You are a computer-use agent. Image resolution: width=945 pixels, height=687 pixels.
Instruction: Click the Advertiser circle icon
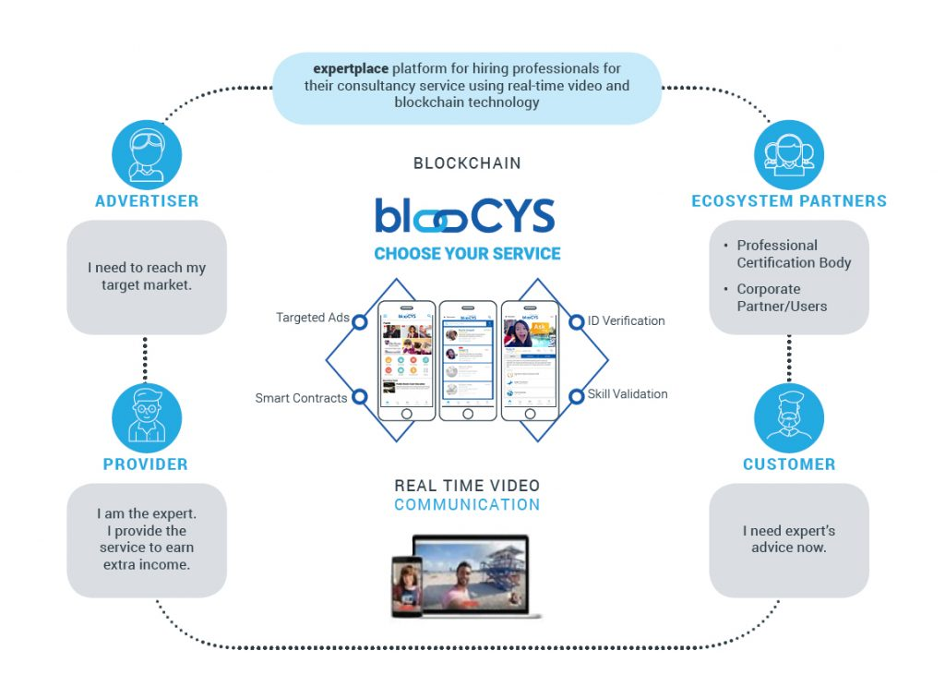(147, 152)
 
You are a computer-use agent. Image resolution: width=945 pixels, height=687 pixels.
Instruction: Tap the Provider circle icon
(147, 417)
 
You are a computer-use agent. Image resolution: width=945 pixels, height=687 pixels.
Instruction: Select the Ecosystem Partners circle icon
(788, 154)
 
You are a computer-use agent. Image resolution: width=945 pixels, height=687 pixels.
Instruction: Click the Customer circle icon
(788, 417)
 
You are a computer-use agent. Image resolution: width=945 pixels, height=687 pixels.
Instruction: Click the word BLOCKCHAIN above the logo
(467, 163)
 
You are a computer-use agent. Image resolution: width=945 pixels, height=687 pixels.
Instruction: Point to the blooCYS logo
(465, 215)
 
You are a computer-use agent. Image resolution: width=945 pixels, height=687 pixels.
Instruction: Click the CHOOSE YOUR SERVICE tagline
(467, 254)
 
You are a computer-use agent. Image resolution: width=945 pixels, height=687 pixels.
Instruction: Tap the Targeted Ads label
(312, 318)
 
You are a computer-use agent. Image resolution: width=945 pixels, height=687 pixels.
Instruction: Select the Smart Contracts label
(301, 398)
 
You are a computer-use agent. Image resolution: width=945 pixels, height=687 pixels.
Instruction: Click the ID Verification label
(627, 320)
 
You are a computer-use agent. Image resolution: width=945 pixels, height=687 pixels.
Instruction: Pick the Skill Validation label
(628, 394)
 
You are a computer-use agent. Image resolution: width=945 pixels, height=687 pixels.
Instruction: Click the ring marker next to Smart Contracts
(360, 398)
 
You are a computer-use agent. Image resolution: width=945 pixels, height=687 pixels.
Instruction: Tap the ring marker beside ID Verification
(576, 321)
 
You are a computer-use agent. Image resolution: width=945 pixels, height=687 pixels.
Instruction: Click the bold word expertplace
(350, 68)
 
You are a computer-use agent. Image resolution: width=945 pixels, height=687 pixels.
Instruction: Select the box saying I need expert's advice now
(788, 539)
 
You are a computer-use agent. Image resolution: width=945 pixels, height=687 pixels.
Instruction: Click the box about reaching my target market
(147, 276)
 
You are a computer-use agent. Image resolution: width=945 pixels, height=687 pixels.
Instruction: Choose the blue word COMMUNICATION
(467, 505)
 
